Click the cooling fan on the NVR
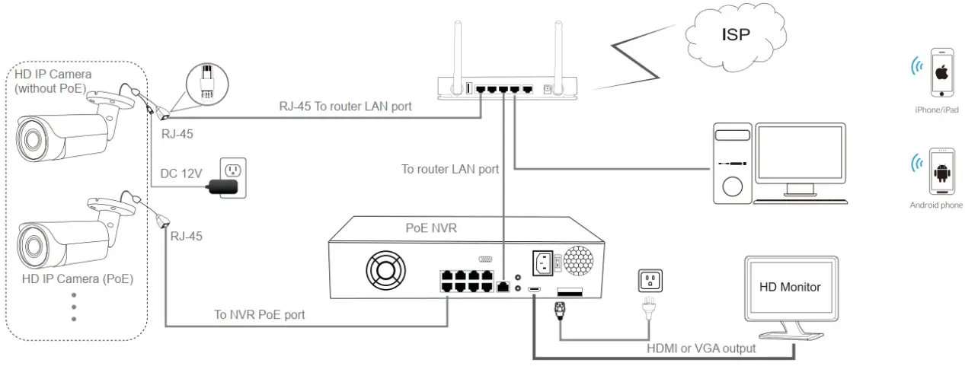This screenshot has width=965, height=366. point(386,270)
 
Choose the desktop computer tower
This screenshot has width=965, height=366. point(732,164)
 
